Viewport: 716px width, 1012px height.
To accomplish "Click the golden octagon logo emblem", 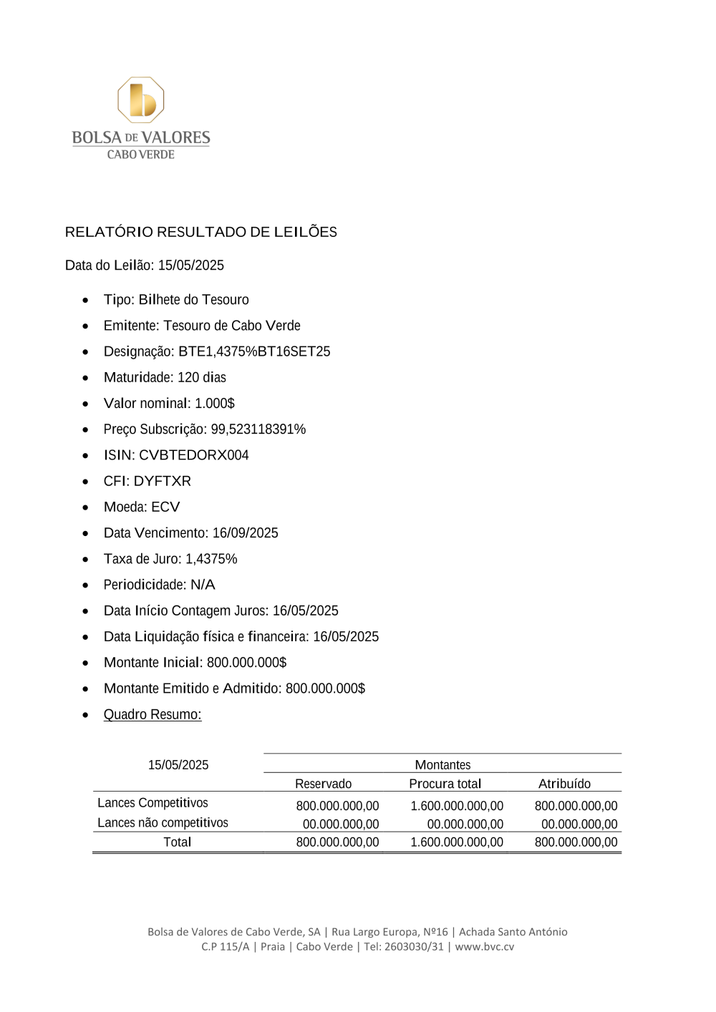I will point(141,100).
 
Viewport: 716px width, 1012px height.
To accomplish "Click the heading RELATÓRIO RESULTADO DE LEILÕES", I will point(200,232).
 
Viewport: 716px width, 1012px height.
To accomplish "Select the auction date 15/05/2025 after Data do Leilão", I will point(190,266).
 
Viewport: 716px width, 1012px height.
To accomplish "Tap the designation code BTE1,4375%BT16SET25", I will point(254,351).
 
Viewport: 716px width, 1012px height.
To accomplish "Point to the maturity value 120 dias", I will point(202,377).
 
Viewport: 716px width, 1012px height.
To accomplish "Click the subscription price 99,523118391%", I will point(258,429).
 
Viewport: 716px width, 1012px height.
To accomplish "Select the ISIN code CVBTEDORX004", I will point(193,455).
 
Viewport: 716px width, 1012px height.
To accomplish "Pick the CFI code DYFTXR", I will point(162,481).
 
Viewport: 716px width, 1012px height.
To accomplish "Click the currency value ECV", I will point(165,507).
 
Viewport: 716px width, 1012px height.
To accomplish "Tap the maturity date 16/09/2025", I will point(245,533).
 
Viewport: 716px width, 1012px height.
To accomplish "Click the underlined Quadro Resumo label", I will point(153,714).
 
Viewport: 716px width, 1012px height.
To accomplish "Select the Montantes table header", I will point(442,765).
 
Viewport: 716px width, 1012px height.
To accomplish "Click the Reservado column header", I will point(323,784).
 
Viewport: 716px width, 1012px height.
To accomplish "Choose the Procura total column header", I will point(445,784).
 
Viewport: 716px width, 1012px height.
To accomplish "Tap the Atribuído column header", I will point(564,784).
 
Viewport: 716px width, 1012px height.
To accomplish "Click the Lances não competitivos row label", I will point(163,823).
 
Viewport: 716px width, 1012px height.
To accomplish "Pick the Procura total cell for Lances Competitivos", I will point(457,806).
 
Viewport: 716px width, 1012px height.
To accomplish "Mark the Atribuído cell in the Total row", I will point(576,842).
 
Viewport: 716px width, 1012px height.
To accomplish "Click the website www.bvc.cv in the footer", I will point(485,946).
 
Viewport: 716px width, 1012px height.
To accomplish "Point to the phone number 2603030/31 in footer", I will point(414,946).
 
